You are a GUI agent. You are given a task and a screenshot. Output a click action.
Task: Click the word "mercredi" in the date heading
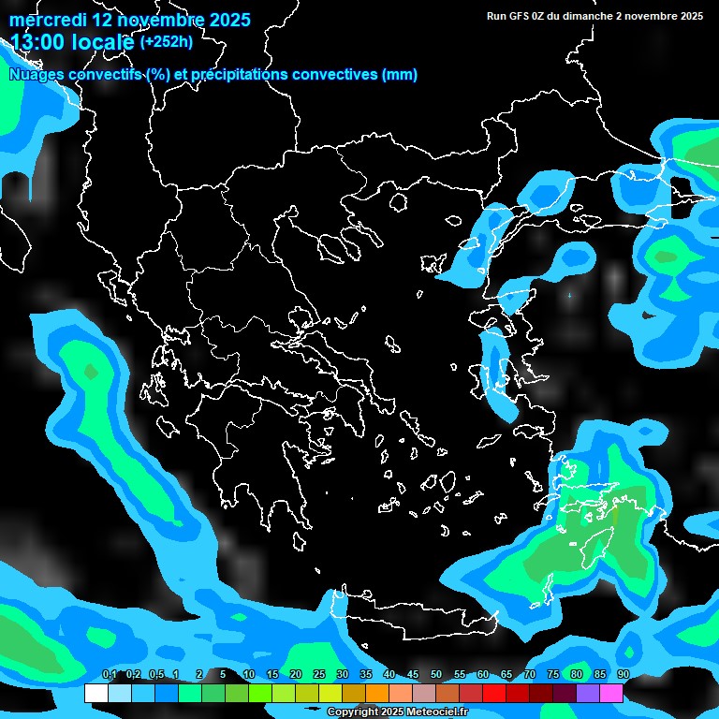(x=47, y=20)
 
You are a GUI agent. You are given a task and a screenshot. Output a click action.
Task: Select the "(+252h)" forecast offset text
(x=166, y=41)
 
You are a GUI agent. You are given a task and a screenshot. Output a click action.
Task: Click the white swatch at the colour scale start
(x=95, y=694)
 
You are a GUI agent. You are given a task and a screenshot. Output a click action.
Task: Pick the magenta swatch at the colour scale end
(x=610, y=694)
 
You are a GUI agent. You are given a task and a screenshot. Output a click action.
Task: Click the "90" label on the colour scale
(x=623, y=675)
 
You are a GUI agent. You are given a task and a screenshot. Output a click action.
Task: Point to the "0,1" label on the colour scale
(x=109, y=675)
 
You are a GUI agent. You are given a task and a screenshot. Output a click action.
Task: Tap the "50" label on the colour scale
(x=436, y=675)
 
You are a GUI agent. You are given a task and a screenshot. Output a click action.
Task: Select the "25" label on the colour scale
(x=319, y=675)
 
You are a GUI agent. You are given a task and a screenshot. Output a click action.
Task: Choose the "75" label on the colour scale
(x=553, y=675)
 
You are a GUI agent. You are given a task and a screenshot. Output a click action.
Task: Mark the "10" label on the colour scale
(x=249, y=675)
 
